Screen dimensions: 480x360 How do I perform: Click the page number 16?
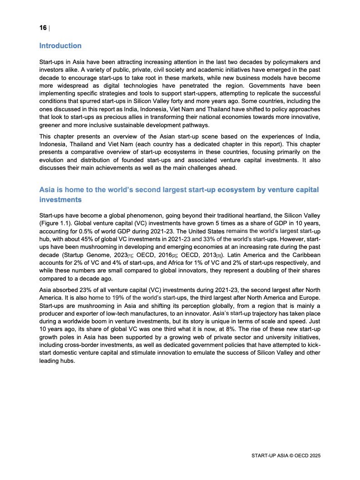(x=43, y=28)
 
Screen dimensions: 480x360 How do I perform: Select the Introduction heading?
(x=60, y=46)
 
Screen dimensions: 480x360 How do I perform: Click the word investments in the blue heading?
(x=60, y=199)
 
